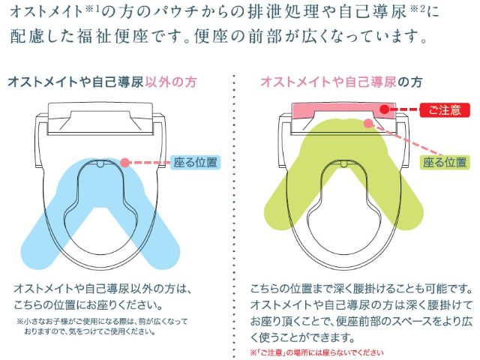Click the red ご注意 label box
(445, 110)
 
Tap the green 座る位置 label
(445, 162)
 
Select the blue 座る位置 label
(195, 162)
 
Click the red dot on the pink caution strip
(385, 109)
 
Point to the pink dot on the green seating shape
(369, 123)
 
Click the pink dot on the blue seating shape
(125, 162)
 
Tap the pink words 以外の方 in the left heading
(171, 82)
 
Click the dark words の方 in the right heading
(410, 82)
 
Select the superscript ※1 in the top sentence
(93, 9)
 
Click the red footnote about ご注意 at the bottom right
(316, 353)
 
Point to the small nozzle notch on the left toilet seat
(100, 163)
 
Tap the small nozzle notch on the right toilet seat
(345, 163)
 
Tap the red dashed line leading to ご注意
(404, 109)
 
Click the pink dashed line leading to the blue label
(150, 162)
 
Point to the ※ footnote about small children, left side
(102, 326)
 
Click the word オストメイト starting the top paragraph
(46, 12)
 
